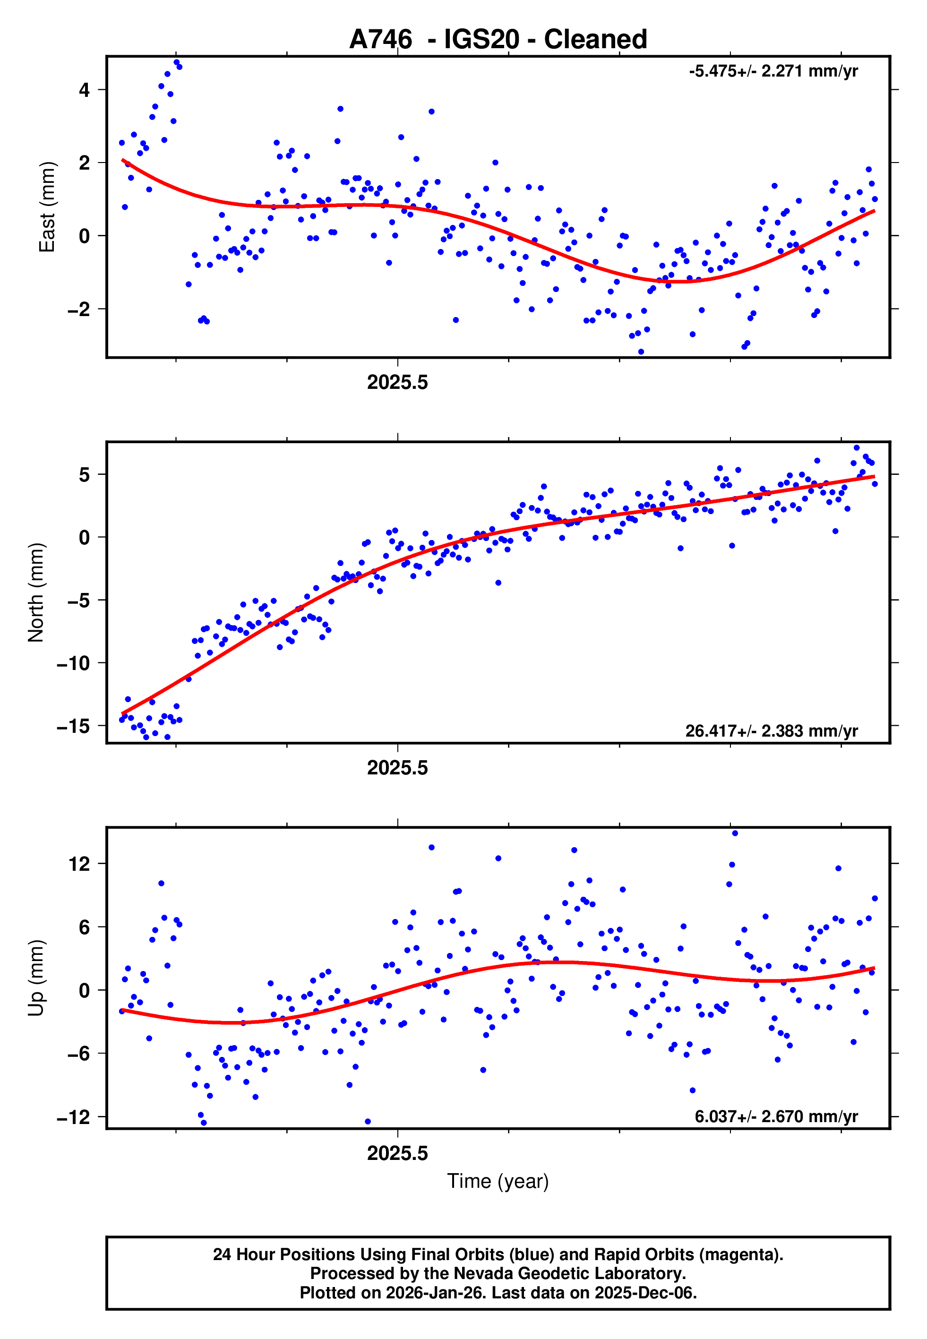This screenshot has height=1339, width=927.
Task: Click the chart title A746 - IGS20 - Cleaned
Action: coord(498,40)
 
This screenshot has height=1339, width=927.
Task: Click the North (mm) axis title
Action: coord(36,592)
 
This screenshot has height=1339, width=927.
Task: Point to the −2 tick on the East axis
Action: coord(79,309)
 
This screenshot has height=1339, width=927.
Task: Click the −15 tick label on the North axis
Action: coord(73,726)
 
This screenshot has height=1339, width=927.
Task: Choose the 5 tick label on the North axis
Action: coord(85,474)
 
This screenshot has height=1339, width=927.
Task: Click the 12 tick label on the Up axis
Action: coord(79,864)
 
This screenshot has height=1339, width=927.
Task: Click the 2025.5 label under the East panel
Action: coord(397,382)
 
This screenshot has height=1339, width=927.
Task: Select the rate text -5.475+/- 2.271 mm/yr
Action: coord(773,71)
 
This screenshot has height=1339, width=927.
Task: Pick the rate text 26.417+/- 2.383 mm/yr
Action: coord(772,730)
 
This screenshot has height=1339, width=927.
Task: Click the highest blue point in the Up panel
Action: coord(735,833)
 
